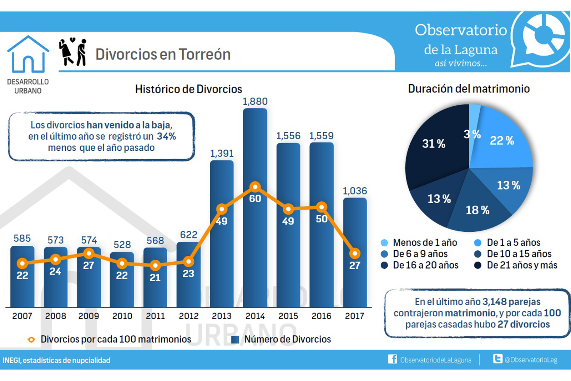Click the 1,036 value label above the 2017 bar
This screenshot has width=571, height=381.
coord(355,191)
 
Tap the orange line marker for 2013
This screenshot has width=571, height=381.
coord(222,209)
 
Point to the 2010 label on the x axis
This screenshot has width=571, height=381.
coord(122,316)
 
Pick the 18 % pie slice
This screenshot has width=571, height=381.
coord(477,210)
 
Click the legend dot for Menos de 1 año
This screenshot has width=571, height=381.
coord(384,243)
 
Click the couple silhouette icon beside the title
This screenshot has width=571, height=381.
coord(73,52)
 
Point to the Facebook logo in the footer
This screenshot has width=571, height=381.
coord(392,359)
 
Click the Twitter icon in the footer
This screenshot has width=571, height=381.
coord(497,359)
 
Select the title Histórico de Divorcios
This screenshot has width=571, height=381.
coord(188,89)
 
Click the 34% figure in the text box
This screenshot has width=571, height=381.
coord(166,136)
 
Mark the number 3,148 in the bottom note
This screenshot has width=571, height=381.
coord(495,302)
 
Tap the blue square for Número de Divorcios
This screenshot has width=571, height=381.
coord(235,339)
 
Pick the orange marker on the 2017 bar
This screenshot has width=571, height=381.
coord(355,254)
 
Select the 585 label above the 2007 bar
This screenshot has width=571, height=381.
coord(22,239)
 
